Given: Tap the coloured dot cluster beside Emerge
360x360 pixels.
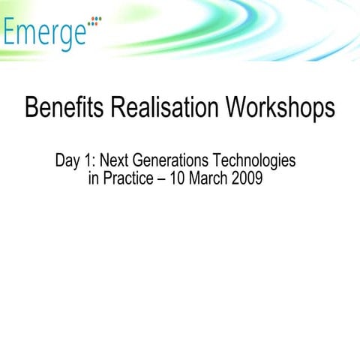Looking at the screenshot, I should click(x=94, y=23).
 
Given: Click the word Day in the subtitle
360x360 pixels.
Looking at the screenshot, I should click(x=68, y=160).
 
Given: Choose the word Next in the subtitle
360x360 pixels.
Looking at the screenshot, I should click(x=114, y=160).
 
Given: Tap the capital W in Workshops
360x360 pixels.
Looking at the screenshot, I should click(x=222, y=108).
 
